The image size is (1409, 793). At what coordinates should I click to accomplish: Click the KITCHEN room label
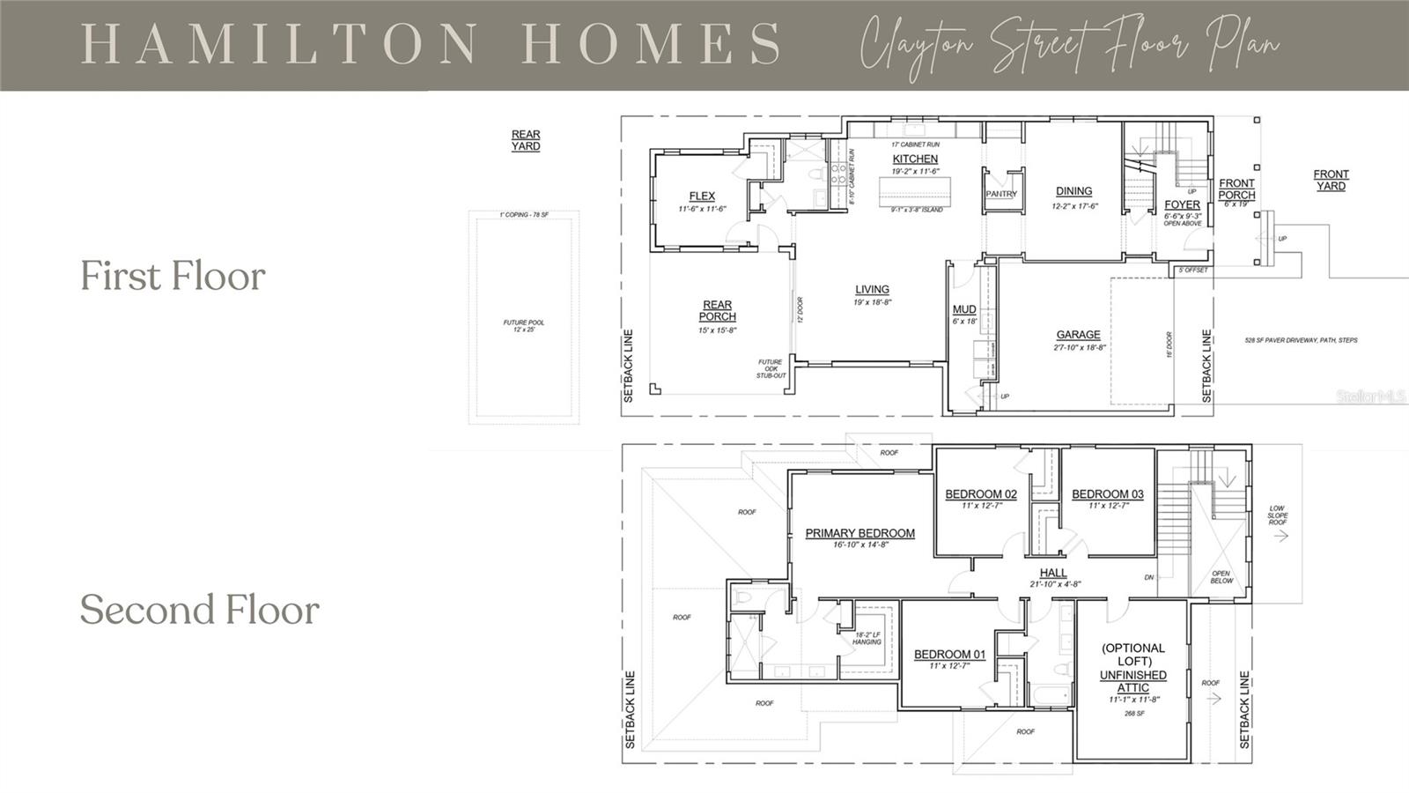pos(915,159)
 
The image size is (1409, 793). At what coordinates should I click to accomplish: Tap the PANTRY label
pos(1001,194)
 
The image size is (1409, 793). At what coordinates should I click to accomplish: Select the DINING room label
pos(1073,191)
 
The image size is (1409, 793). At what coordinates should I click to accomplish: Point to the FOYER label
pos(1182,204)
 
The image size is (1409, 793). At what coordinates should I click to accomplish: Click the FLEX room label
pos(702,196)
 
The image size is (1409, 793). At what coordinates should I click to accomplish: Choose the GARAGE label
pos(1078,335)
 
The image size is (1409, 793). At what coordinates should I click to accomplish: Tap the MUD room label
pos(964,309)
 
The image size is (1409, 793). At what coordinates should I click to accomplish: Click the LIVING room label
pos(872,289)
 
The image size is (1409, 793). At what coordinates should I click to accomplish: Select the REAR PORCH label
pos(717,311)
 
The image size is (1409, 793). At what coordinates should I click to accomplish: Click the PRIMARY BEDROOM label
pos(859,533)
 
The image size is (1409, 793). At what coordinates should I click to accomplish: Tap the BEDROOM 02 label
pos(981,494)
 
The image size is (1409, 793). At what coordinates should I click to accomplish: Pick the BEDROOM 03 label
pos(1107,494)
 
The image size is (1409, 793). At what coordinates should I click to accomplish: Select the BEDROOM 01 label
pos(949,655)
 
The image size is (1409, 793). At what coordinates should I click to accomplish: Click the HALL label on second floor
pos(1052,573)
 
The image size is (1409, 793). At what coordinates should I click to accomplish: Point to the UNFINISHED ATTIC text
pos(1132,681)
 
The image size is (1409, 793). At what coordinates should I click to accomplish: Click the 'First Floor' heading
pos(173,276)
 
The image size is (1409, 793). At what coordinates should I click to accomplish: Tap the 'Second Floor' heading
pos(199,610)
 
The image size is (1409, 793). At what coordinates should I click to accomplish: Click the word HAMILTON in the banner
pos(280,44)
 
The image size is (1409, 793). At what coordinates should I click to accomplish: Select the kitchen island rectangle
pos(917,191)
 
